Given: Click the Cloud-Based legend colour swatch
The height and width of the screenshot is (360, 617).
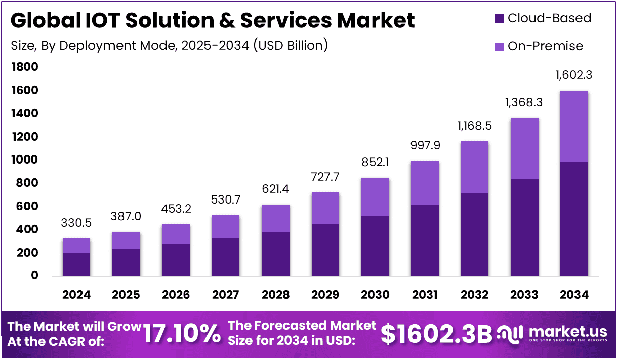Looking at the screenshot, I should pyautogui.click(x=499, y=18).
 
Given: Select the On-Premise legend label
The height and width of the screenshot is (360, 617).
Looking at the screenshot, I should pyautogui.click(x=545, y=46).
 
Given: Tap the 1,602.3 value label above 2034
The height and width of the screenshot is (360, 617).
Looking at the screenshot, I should pyautogui.click(x=573, y=75).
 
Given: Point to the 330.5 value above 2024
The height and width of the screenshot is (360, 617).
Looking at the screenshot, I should pyautogui.click(x=76, y=223).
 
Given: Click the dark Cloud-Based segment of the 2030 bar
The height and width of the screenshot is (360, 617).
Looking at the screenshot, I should pyautogui.click(x=375, y=246).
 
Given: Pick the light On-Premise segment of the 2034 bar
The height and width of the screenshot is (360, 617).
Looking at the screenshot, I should pyautogui.click(x=574, y=126).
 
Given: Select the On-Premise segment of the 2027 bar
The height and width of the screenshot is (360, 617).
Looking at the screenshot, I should pyautogui.click(x=226, y=227).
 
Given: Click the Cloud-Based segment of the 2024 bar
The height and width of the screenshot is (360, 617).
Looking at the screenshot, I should pyautogui.click(x=76, y=264).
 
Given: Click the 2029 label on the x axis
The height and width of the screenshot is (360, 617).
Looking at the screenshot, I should pyautogui.click(x=325, y=295).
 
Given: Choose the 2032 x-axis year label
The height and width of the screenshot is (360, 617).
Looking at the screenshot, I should pyautogui.click(x=474, y=295).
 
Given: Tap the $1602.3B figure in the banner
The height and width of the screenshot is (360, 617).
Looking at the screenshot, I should pyautogui.click(x=436, y=334).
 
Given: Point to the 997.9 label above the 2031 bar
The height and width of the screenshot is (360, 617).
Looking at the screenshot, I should pyautogui.click(x=425, y=146).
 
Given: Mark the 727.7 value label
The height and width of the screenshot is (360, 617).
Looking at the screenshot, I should pyautogui.click(x=325, y=177).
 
